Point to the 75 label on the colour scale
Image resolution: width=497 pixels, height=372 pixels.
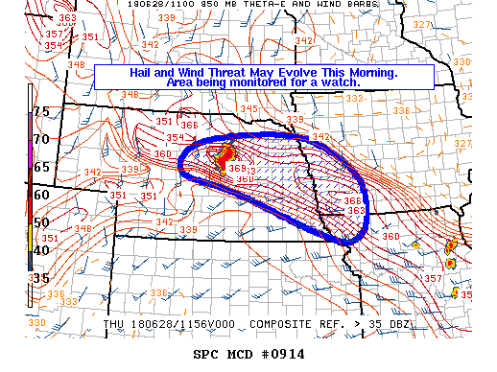tap(41, 111)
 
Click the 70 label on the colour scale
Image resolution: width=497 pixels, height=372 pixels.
tap(41, 139)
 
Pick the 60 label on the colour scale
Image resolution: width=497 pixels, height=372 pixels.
tap(41, 194)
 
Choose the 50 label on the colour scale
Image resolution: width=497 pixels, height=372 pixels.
tap(41, 221)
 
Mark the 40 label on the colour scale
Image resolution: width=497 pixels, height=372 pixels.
tap(41, 249)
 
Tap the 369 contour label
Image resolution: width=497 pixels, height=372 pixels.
tap(238, 169)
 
